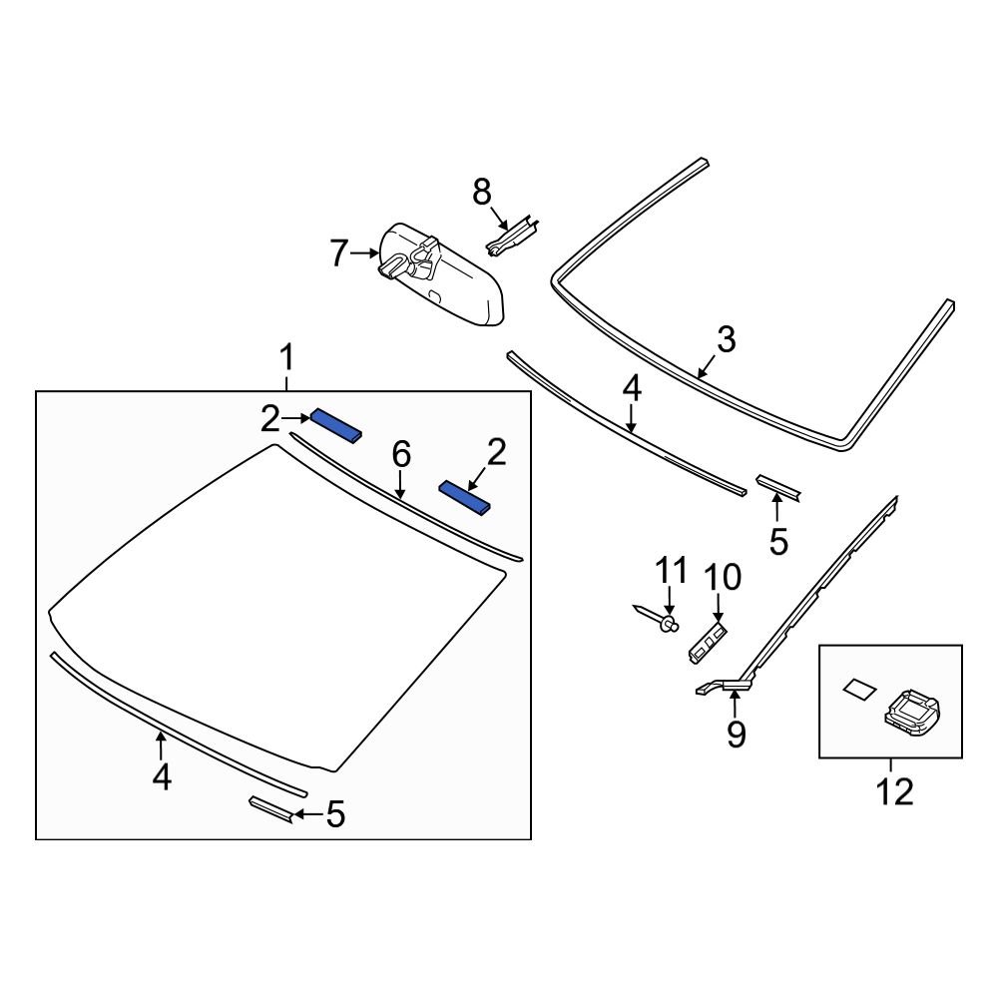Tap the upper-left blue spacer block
[x=336, y=425]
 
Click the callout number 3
[x=726, y=340]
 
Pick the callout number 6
[x=400, y=455]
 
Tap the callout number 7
[x=340, y=255]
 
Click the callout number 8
[x=482, y=191]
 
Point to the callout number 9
[x=736, y=734]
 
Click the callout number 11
[x=671, y=571]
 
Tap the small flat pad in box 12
[x=857, y=688]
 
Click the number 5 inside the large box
[x=335, y=815]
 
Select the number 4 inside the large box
[x=162, y=775]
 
